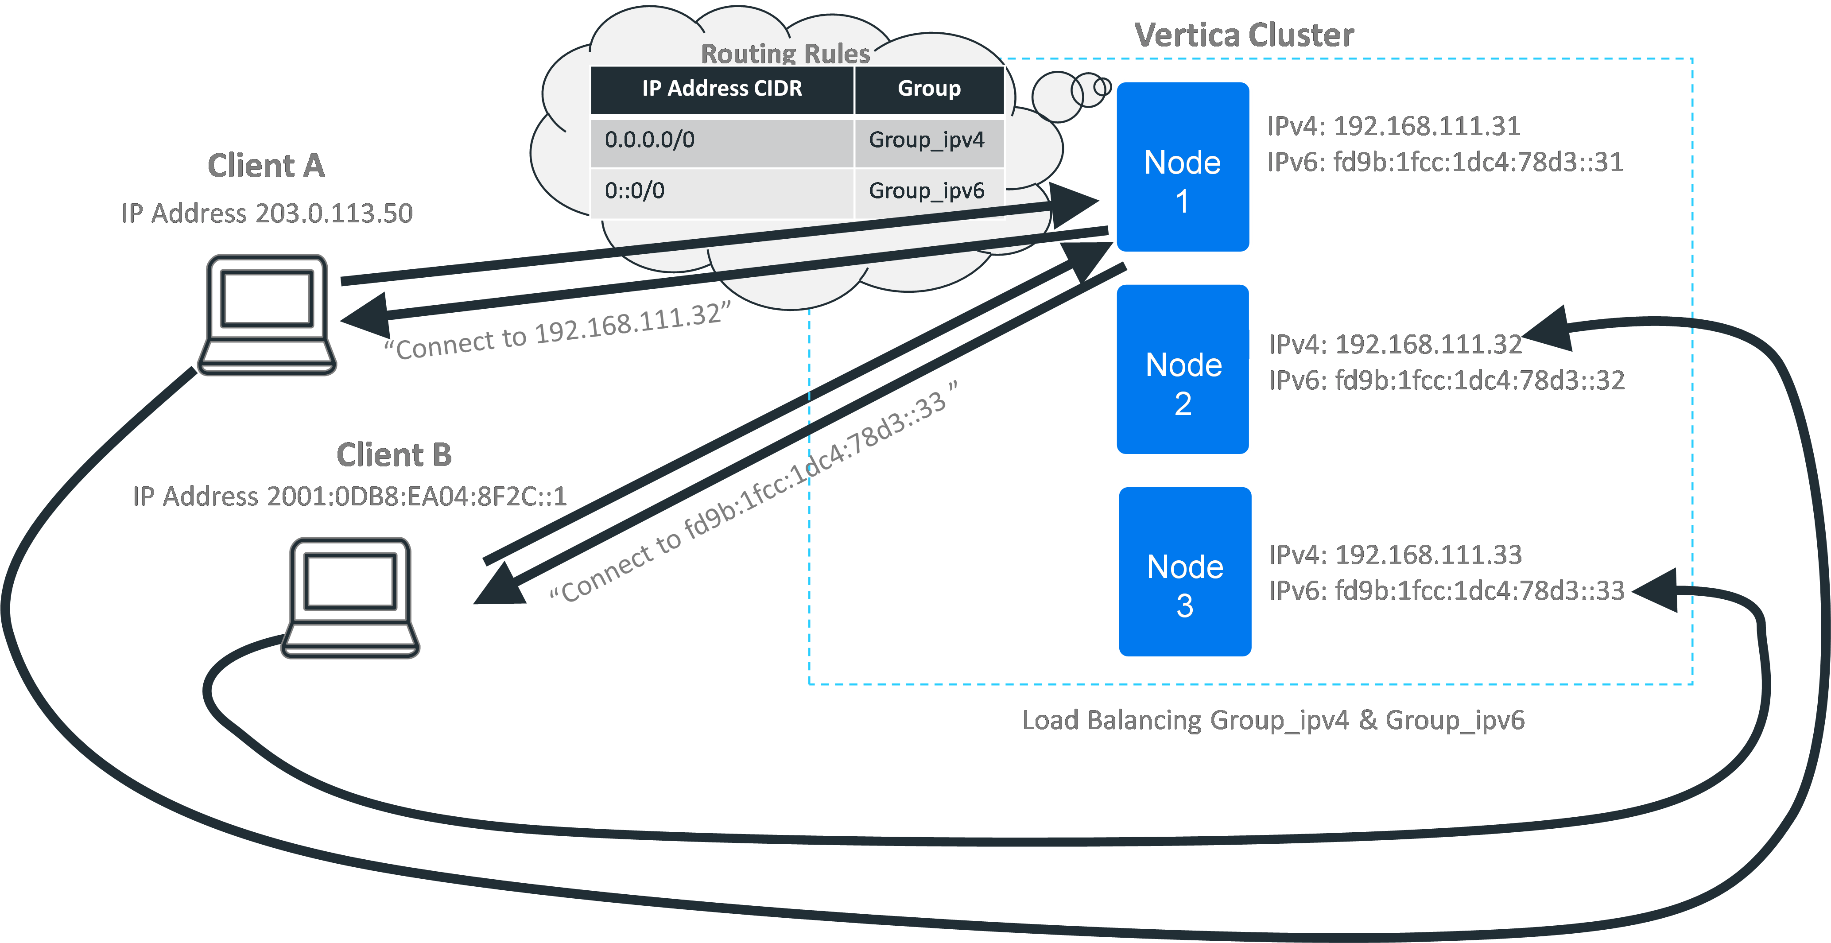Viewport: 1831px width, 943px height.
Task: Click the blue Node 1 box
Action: [1183, 167]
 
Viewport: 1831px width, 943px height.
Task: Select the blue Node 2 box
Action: [1183, 369]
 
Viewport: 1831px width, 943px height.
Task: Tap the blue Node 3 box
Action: [1185, 571]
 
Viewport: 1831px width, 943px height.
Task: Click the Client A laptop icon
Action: [267, 315]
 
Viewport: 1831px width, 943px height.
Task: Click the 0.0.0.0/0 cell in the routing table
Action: [722, 140]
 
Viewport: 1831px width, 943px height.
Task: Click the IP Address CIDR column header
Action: [722, 89]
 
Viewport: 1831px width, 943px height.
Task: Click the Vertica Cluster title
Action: [1244, 35]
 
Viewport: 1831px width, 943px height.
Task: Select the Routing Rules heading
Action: [785, 53]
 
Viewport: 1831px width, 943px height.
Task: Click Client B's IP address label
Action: [350, 496]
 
